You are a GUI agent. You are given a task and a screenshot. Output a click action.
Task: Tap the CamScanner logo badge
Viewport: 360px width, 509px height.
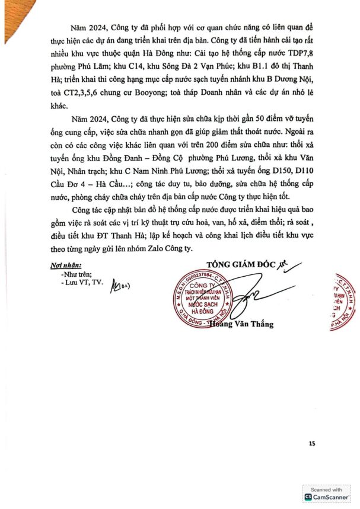[329, 495]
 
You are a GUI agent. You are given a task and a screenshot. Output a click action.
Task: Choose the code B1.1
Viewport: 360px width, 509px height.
[251, 80]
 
